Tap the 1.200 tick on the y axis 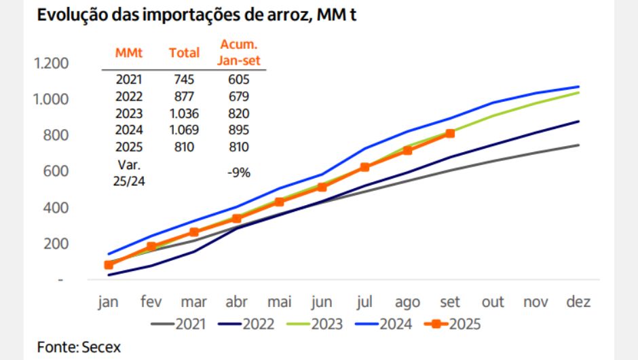[52, 64]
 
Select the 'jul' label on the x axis [364, 302]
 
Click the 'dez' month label [579, 302]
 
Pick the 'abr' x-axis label [237, 302]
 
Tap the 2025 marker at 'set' [450, 134]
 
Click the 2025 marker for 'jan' [109, 265]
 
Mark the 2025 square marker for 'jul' [364, 167]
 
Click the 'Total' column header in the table [184, 52]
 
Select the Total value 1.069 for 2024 [184, 130]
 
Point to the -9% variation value [239, 173]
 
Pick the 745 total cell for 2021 [184, 79]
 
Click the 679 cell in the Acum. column [239, 96]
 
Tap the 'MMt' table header [128, 52]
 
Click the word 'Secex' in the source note [101, 347]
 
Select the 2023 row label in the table [128, 113]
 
